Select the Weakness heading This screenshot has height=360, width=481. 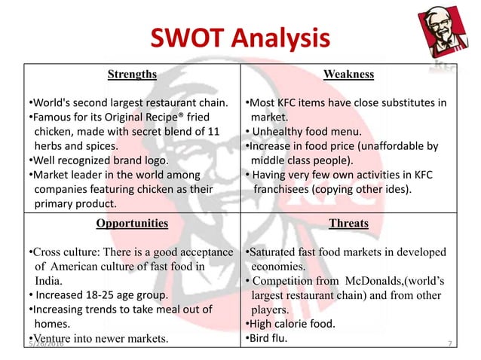(x=348, y=75)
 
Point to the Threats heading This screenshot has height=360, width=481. (x=348, y=224)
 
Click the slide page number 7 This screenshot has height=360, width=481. (x=449, y=343)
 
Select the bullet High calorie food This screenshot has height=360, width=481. (x=291, y=325)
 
